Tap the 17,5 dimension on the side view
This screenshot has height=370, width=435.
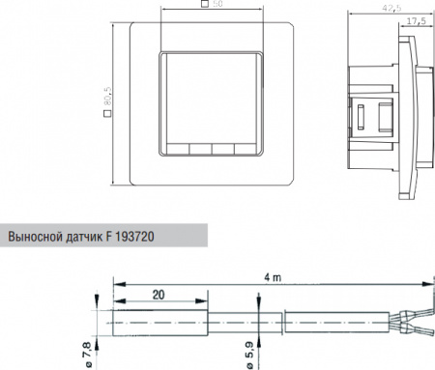(x=419, y=19)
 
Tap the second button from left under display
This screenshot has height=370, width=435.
(x=199, y=150)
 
